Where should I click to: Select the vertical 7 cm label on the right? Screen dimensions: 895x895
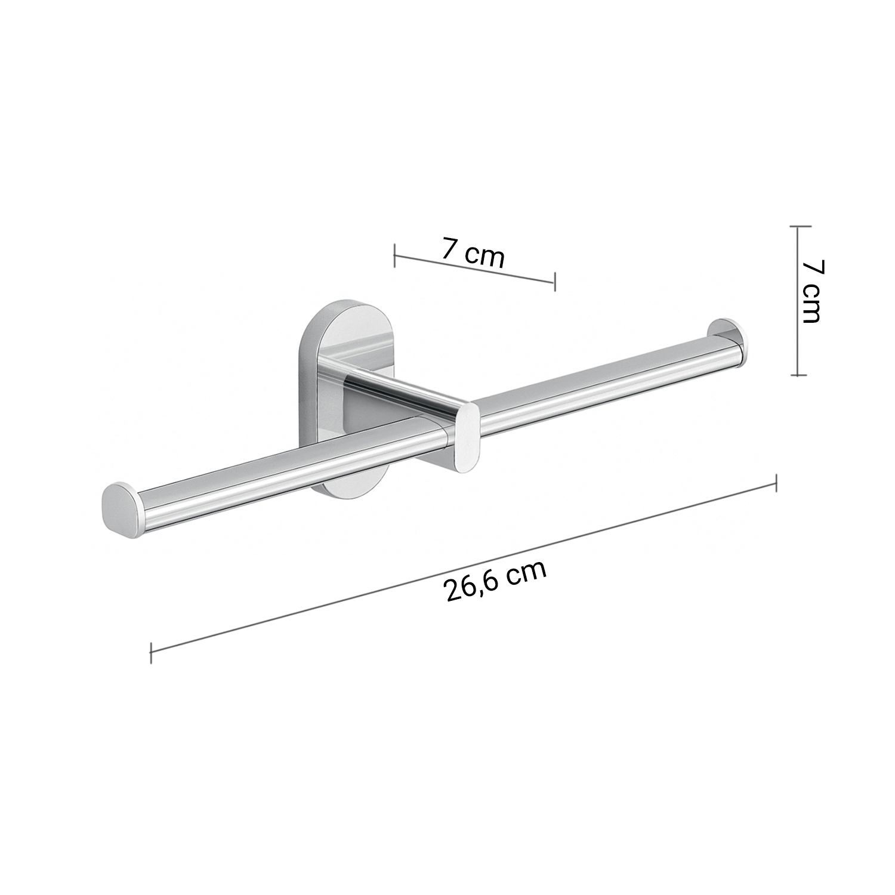pos(811,291)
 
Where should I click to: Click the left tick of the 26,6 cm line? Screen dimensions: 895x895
pos(151,652)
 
